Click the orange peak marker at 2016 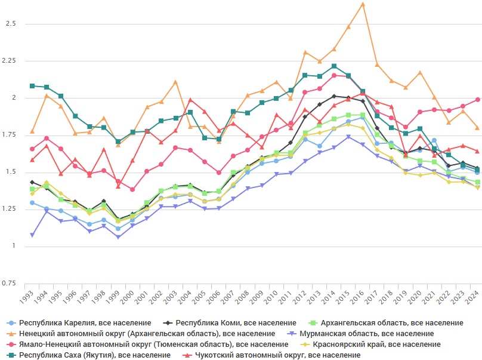(x=363, y=4)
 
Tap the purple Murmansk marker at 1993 (x=32, y=235)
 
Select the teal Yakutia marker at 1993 (x=32, y=86)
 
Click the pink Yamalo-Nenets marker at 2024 (x=477, y=100)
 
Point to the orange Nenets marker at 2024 (x=477, y=127)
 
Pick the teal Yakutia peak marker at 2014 (x=334, y=66)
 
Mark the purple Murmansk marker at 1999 (x=118, y=237)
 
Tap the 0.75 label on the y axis (x=10, y=283)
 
